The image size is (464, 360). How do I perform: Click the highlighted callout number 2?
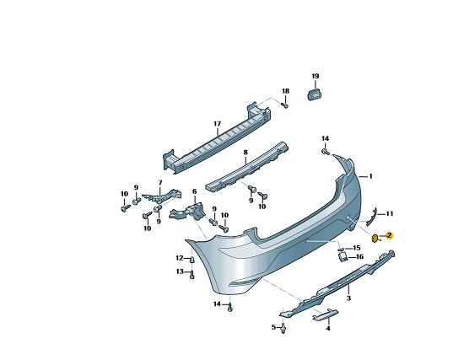click(x=390, y=235)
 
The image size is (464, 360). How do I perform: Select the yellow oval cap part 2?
click(x=375, y=238)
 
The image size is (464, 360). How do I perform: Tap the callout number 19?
click(x=316, y=76)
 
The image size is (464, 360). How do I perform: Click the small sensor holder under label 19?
click(x=315, y=94)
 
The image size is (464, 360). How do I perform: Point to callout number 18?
click(x=285, y=91)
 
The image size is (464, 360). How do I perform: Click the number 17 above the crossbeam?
click(x=217, y=124)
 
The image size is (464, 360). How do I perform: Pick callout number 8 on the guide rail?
click(x=245, y=153)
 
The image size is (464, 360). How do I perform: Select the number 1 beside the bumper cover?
click(x=370, y=176)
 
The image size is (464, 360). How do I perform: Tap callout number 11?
click(x=390, y=213)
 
